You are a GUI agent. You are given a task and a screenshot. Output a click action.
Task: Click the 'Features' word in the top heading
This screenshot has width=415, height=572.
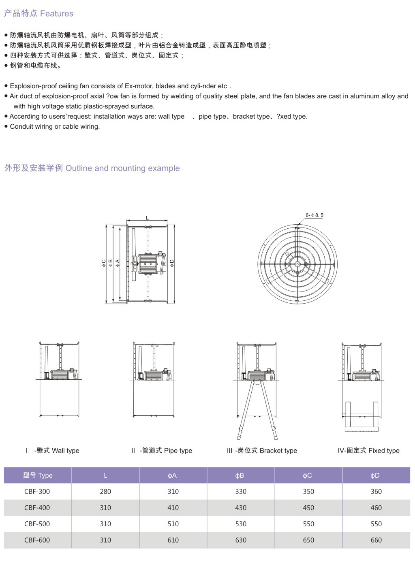click(x=57, y=13)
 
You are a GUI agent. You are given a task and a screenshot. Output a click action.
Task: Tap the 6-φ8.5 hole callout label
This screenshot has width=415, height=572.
click(x=314, y=215)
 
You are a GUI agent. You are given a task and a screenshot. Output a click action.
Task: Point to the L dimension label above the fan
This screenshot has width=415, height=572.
click(x=147, y=218)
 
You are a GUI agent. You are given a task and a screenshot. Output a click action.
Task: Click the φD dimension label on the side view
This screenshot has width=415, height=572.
click(x=172, y=263)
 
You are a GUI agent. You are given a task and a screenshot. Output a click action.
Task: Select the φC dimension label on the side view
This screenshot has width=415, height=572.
click(x=104, y=263)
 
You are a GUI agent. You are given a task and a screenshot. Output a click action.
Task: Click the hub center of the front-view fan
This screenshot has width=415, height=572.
click(x=297, y=264)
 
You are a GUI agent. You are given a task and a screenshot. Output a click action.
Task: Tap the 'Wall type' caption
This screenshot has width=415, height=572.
click(x=66, y=451)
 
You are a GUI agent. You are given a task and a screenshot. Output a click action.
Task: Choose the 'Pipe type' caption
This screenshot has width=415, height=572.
click(x=178, y=451)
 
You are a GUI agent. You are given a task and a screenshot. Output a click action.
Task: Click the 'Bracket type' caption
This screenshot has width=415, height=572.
click(x=278, y=451)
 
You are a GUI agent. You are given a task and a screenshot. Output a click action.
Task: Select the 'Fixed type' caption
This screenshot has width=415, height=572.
click(x=384, y=451)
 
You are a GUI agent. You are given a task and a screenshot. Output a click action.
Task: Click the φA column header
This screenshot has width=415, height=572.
click(x=172, y=476)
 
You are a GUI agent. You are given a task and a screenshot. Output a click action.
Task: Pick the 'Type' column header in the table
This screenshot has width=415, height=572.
click(x=45, y=476)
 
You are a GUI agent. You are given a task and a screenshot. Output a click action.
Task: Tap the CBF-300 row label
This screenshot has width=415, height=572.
click(x=37, y=491)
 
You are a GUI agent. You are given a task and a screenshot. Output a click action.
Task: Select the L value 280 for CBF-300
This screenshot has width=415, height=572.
click(x=105, y=491)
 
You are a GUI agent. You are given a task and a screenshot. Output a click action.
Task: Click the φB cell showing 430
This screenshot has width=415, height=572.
click(x=241, y=508)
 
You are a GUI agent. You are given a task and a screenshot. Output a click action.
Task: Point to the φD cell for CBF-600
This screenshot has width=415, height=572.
click(x=376, y=540)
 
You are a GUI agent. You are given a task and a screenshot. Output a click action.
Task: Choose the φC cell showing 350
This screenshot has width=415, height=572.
click(x=308, y=491)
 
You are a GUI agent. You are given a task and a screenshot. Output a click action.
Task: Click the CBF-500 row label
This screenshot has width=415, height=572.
click(x=37, y=524)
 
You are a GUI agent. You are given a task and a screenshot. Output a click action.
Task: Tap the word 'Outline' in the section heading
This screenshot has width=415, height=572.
click(x=79, y=168)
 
